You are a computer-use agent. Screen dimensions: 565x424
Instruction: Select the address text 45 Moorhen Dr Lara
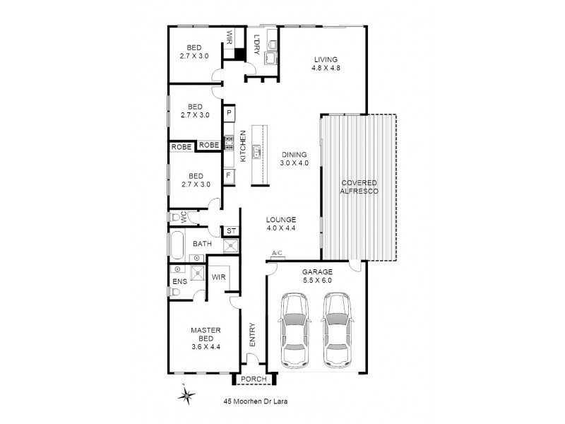click(253, 401)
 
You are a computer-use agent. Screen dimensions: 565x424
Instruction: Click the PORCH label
click(254, 379)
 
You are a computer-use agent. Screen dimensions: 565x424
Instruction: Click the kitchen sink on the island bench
click(258, 150)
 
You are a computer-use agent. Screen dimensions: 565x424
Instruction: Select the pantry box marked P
click(230, 113)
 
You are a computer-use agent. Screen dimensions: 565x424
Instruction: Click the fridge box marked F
click(230, 175)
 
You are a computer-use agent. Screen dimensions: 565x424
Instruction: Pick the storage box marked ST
click(230, 231)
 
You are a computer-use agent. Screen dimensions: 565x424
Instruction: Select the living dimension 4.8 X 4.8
click(326, 69)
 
